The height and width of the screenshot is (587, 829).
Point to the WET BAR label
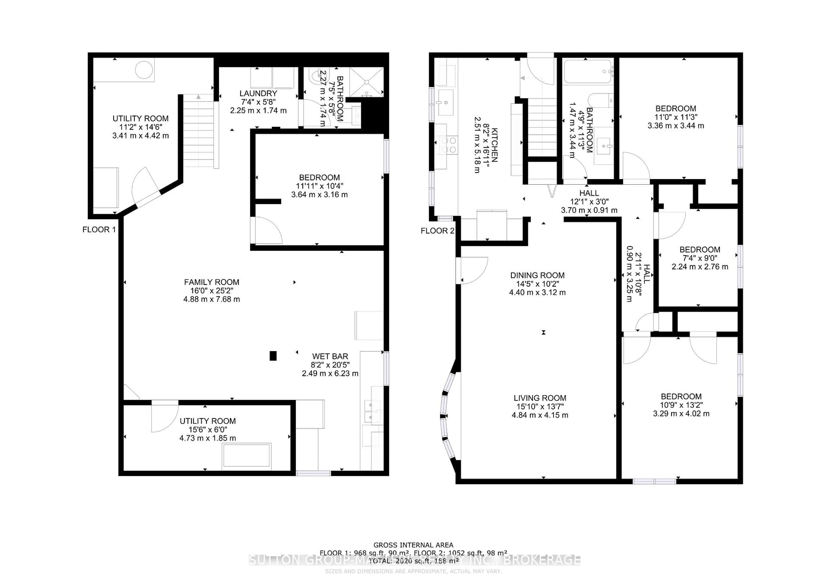(x=330, y=356)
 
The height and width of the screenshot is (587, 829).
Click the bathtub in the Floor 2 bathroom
(x=588, y=72)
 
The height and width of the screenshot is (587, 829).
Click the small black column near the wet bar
(x=273, y=356)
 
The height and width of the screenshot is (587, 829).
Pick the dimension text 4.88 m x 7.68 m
(x=212, y=299)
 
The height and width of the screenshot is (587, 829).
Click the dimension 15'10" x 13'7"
(x=540, y=407)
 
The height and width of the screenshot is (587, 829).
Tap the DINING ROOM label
(x=537, y=275)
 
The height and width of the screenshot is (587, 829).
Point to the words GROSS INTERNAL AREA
(x=413, y=545)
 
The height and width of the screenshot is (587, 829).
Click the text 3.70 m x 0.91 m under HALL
(x=589, y=210)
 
